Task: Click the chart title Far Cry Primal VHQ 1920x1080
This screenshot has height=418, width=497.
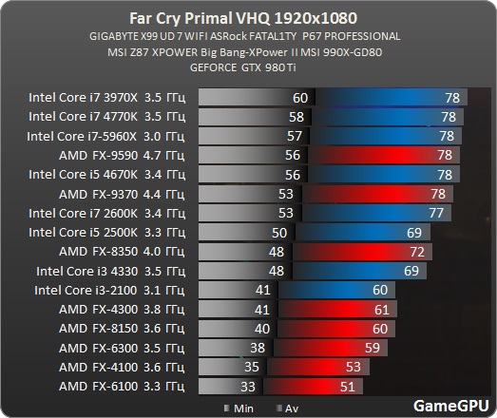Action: (248, 16)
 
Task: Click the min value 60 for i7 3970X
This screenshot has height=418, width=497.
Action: (300, 98)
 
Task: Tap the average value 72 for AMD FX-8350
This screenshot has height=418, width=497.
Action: (414, 252)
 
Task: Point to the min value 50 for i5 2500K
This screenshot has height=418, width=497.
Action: (278, 233)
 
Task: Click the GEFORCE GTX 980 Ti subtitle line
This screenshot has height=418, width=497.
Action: (248, 66)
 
